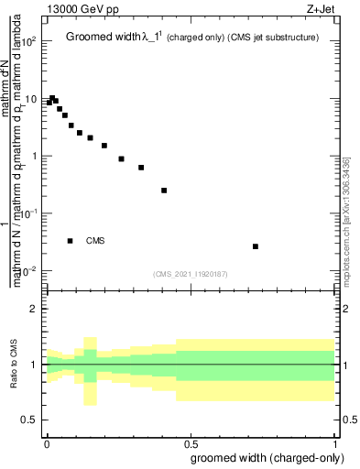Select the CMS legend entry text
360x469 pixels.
click(x=95, y=241)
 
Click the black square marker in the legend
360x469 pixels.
click(x=70, y=241)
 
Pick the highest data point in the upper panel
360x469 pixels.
click(x=52, y=98)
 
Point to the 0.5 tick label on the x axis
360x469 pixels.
click(x=191, y=442)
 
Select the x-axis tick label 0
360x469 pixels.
click(x=46, y=442)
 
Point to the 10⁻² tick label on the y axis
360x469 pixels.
click(x=29, y=271)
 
